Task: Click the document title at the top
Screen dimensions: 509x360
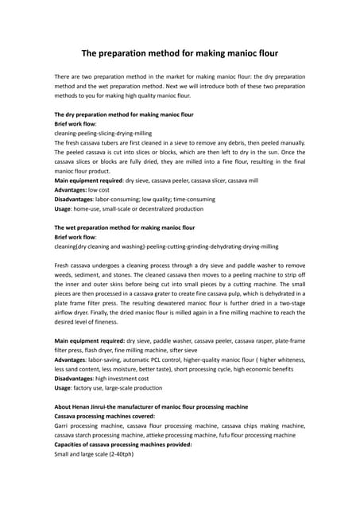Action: click(180, 54)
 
